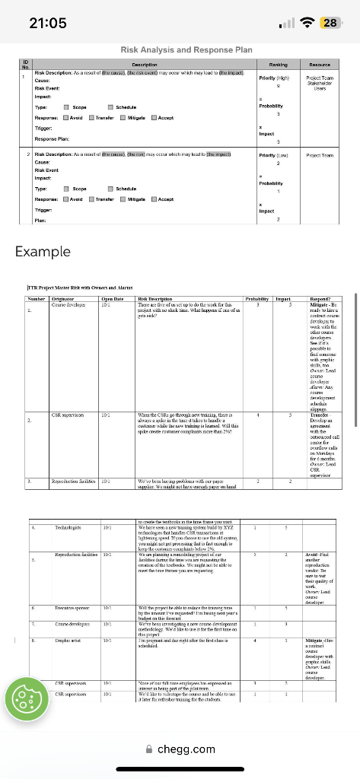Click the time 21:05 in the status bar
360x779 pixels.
pos(46,22)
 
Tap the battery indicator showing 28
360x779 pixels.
pos(332,22)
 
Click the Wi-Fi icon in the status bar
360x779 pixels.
pos(307,22)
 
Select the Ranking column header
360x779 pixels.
pos(266,66)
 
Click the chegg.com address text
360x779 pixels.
pos(186,749)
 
